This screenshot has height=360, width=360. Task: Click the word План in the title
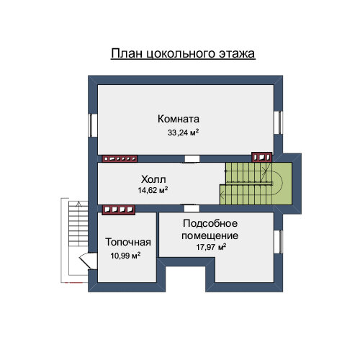coord(127,53)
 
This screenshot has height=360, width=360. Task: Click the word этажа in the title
coord(237,53)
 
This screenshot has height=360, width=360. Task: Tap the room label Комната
coord(179,119)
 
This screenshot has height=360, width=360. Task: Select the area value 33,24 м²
coord(183,132)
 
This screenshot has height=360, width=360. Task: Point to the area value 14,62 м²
coord(153,190)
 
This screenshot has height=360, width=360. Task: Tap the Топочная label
coord(128,242)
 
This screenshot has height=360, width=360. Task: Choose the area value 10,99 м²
coord(125,256)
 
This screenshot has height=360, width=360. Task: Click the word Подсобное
coord(210,224)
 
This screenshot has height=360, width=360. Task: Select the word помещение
coord(210,236)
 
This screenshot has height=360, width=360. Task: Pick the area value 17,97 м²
coord(211,247)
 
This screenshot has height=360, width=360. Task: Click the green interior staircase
coord(256,184)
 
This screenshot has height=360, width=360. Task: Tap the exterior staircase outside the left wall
coord(78,224)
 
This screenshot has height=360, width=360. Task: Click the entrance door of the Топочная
coord(88,261)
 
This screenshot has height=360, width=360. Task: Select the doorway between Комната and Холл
coord(192,159)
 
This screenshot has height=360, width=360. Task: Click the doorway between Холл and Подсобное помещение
coord(192,208)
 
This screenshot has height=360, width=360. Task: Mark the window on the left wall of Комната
coord(93,125)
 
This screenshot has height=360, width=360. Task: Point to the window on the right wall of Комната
coord(279,122)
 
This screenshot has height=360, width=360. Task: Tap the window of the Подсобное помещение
coord(279,242)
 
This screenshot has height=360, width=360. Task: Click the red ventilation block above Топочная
coord(119,210)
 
